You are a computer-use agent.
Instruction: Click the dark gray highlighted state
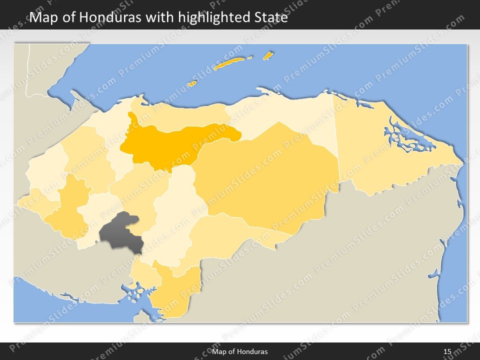point(120,232)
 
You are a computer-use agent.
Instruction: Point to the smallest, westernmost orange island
point(191,84)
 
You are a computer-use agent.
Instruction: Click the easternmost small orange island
point(268,55)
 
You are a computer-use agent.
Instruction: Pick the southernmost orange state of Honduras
point(172,295)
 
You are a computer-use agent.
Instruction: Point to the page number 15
point(447,351)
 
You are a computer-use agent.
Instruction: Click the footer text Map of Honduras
point(239,351)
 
